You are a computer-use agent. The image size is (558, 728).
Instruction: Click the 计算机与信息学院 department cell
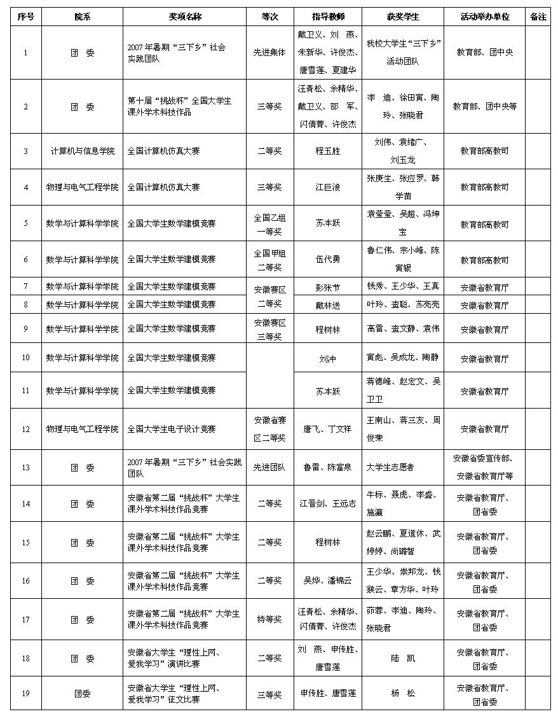pyautogui.click(x=83, y=151)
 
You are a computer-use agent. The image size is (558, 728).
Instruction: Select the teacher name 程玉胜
pyautogui.click(x=328, y=151)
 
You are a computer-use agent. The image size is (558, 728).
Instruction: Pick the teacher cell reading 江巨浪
pyautogui.click(x=328, y=187)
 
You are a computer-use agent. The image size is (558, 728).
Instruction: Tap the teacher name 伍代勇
pyautogui.click(x=328, y=259)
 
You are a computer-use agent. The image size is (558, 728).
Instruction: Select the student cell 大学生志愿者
pyautogui.click(x=390, y=467)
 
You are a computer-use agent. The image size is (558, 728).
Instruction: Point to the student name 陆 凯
pyautogui.click(x=403, y=658)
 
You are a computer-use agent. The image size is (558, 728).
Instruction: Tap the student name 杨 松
pyautogui.click(x=403, y=693)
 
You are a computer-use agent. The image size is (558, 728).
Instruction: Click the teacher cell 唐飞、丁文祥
pyautogui.click(x=328, y=429)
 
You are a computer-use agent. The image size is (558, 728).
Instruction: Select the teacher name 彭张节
pyautogui.click(x=328, y=287)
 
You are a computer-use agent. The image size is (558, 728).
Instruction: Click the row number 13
pyautogui.click(x=25, y=467)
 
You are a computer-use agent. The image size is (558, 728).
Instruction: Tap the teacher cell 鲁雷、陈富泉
pyautogui.click(x=328, y=467)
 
